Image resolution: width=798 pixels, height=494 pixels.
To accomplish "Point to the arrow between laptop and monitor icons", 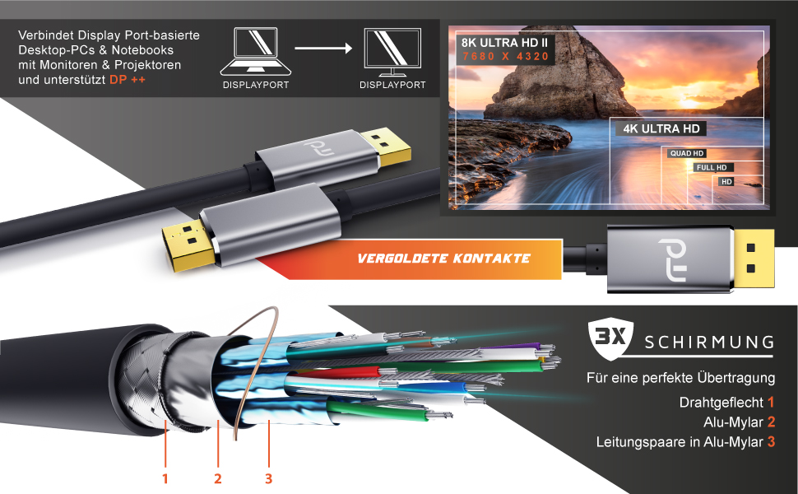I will click(323, 48).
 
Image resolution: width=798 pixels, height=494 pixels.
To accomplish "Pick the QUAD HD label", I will click(687, 153).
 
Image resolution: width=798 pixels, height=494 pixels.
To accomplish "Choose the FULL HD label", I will click(712, 167).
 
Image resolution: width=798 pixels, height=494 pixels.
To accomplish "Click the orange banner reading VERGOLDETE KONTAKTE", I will click(444, 259).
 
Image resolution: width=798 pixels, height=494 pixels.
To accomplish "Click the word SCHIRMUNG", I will click(709, 342).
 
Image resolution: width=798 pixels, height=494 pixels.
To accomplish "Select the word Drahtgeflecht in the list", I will click(721, 403).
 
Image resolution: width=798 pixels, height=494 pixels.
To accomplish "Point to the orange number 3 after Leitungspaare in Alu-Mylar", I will click(771, 442).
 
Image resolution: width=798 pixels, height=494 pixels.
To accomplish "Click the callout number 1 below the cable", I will click(165, 478).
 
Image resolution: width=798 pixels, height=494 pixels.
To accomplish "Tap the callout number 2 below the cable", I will click(218, 478).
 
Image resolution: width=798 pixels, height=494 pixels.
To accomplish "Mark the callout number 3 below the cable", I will click(269, 478).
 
